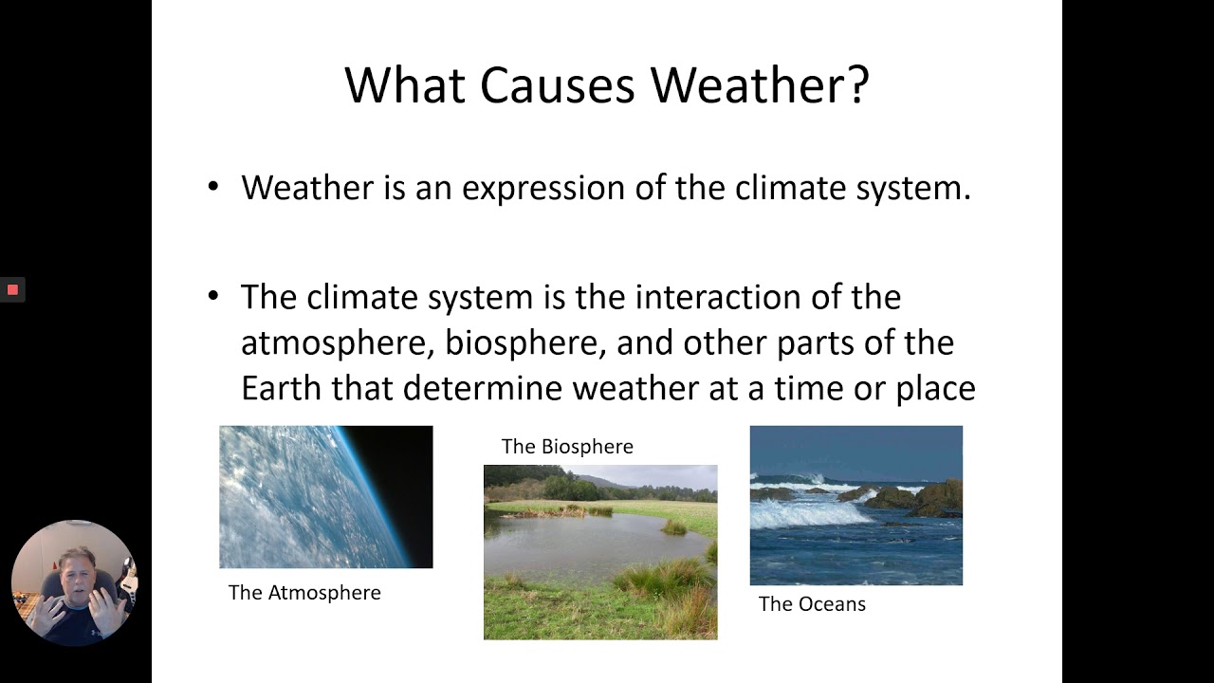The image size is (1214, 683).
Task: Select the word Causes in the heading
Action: click(558, 85)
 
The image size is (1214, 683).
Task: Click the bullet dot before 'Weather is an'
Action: click(213, 187)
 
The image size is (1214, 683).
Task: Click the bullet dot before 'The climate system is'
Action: click(213, 296)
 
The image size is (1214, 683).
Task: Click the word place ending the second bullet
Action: click(935, 389)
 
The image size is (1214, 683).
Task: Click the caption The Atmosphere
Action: click(304, 593)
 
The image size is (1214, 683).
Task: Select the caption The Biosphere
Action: click(567, 447)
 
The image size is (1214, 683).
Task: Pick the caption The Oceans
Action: click(812, 604)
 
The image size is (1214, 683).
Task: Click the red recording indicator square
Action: click(12, 289)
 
